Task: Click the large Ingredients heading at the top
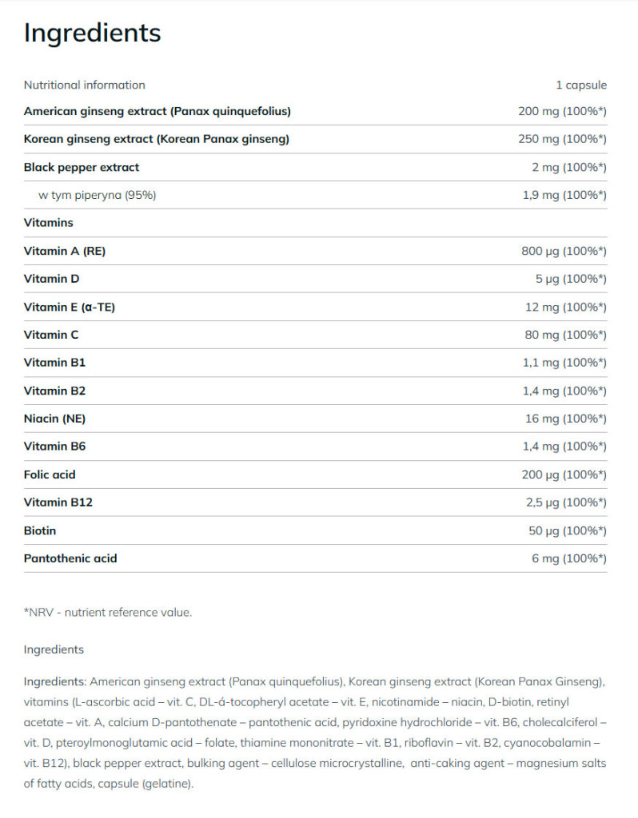(92, 33)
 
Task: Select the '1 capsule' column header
(581, 85)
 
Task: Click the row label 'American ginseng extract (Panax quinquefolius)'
(157, 111)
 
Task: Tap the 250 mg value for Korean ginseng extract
(562, 139)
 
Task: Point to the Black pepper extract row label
(82, 167)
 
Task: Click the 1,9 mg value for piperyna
(563, 195)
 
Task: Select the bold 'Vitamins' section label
(48, 223)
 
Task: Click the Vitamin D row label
(51, 279)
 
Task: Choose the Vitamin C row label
(51, 335)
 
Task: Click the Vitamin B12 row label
(58, 502)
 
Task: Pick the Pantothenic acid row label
(70, 558)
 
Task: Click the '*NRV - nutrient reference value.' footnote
(108, 613)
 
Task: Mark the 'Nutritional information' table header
(85, 85)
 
